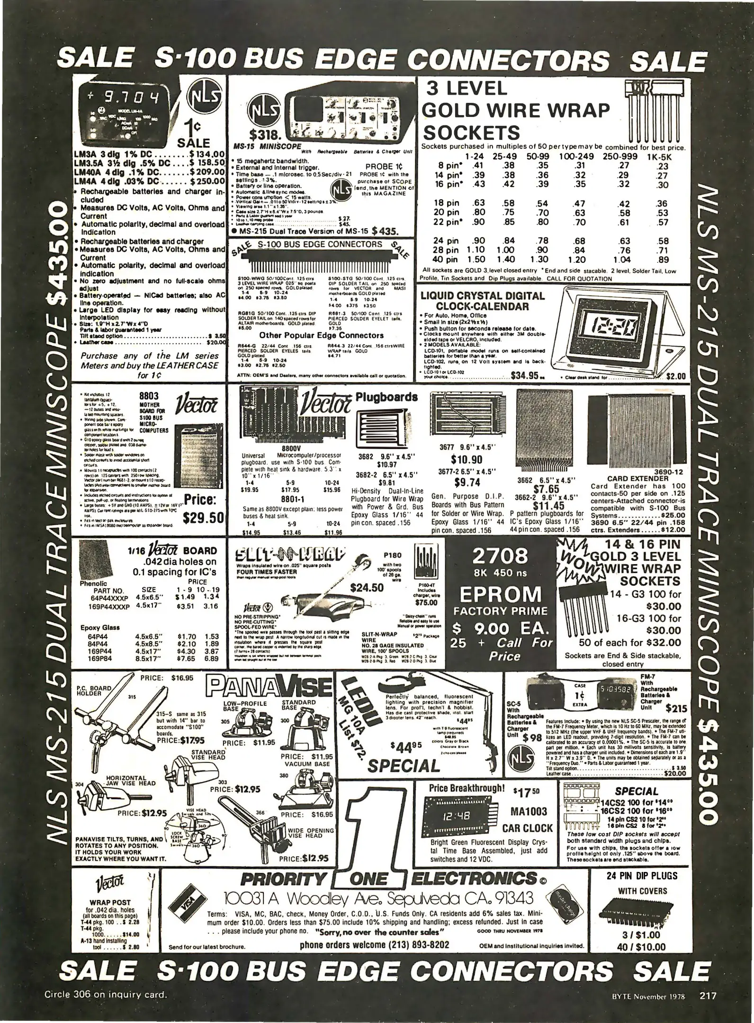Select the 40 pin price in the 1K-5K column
coord(664,259)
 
